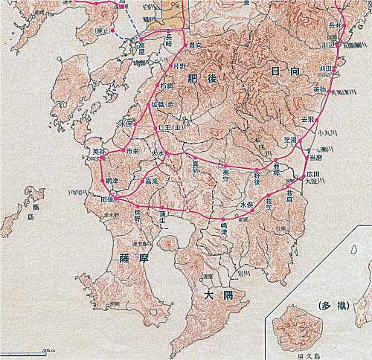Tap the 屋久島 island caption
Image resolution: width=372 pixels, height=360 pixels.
pos(298,354)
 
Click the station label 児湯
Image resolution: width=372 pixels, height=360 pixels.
pos(289,139)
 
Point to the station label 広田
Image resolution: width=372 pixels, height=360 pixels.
pos(312,173)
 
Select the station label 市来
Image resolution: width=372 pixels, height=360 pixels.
pos(132,150)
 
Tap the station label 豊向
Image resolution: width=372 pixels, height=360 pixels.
pos(196,45)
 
